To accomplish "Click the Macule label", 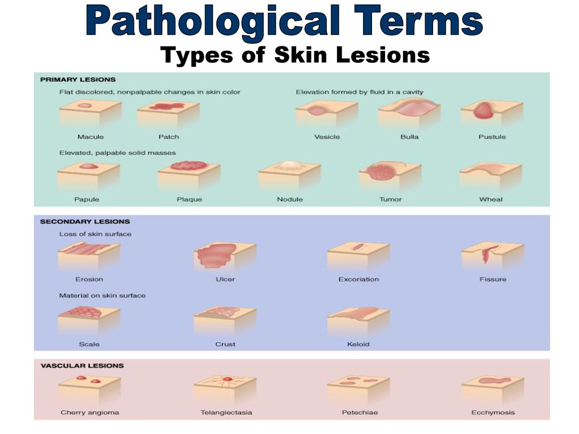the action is coord(90,137).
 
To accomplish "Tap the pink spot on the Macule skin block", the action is coord(85,106).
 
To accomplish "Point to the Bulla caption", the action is coord(409,137).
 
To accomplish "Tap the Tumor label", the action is coord(390,199).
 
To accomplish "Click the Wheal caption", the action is coord(491,199).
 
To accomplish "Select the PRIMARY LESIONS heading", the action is coord(78,80).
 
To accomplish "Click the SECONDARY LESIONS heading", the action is coord(85,222).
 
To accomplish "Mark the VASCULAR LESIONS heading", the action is coord(83,366).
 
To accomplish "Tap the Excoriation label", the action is coord(358,279).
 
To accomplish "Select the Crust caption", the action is coord(225,344).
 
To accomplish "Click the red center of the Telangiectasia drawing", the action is coord(228,379).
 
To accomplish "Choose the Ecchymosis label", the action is coord(493,413).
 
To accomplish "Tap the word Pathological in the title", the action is coord(213,21).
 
